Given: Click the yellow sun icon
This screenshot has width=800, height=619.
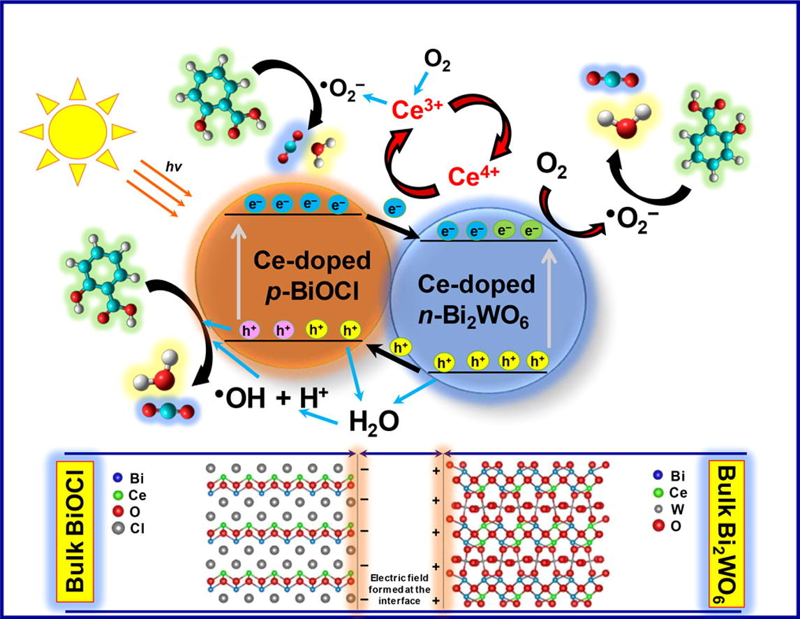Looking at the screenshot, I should coord(77,129).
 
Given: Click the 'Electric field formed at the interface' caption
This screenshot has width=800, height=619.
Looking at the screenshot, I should coord(400,588).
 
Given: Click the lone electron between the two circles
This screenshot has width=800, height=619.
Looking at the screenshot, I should coord(395,207).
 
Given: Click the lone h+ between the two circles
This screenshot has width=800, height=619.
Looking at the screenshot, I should coord(401,347).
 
